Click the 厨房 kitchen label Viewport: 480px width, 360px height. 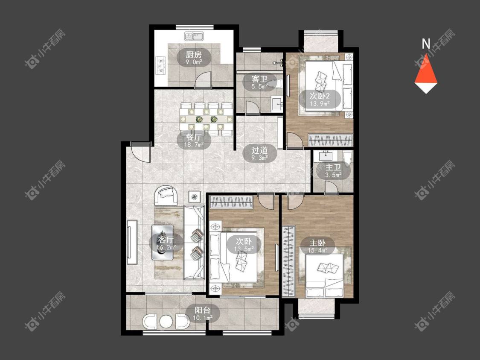tap(194, 57)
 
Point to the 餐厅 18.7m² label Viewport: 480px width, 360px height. tap(194, 141)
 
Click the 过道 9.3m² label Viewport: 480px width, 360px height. tap(259, 153)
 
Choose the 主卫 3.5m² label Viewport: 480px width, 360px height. tap(333, 171)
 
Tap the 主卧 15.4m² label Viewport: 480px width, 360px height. tap(317, 246)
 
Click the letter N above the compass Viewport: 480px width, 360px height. tap(426, 44)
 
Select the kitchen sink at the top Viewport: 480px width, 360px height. tap(194, 36)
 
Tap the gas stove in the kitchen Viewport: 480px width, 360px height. tap(160, 66)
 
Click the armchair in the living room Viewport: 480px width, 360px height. tap(167, 196)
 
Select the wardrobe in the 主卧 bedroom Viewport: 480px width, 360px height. tap(289, 261)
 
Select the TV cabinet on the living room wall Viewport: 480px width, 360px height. tap(133, 242)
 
